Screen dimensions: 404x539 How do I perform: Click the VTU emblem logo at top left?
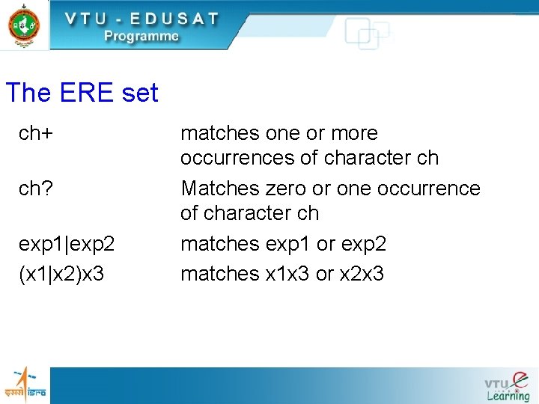[23, 25]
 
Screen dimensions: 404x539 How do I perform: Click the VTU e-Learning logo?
[507, 385]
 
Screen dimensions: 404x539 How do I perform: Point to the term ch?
[36, 189]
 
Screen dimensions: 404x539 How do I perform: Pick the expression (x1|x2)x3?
[62, 274]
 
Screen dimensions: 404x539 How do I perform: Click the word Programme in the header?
[141, 36]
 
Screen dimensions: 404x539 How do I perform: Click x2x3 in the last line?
[361, 274]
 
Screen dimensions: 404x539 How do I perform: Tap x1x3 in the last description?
[288, 274]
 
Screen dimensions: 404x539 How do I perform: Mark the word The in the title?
[28, 94]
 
